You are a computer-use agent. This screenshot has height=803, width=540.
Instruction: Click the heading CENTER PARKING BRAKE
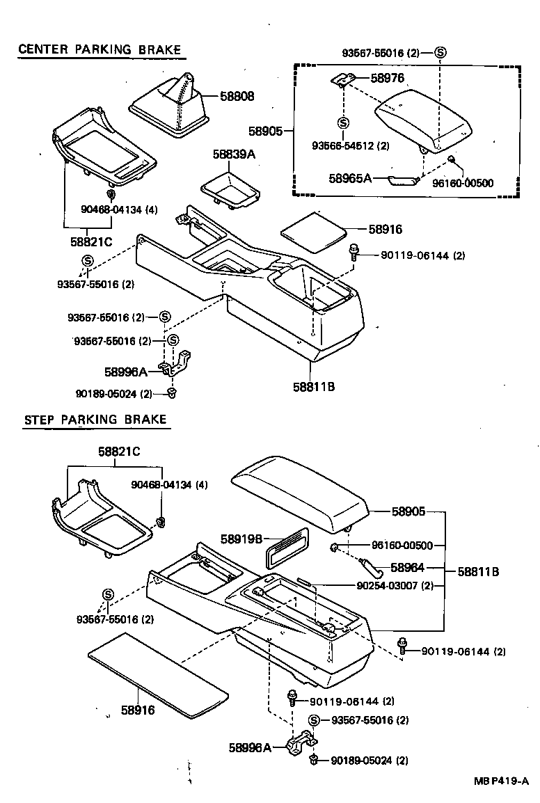pyautogui.click(x=99, y=49)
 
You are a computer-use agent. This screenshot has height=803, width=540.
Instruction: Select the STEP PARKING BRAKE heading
pyautogui.click(x=95, y=420)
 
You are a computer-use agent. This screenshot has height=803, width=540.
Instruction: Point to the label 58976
pyautogui.click(x=388, y=78)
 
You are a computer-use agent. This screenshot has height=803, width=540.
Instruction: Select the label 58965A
pyautogui.click(x=351, y=178)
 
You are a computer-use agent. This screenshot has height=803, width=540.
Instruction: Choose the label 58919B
pyautogui.click(x=241, y=539)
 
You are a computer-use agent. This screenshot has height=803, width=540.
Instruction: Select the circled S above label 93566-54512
pyautogui.click(x=342, y=122)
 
